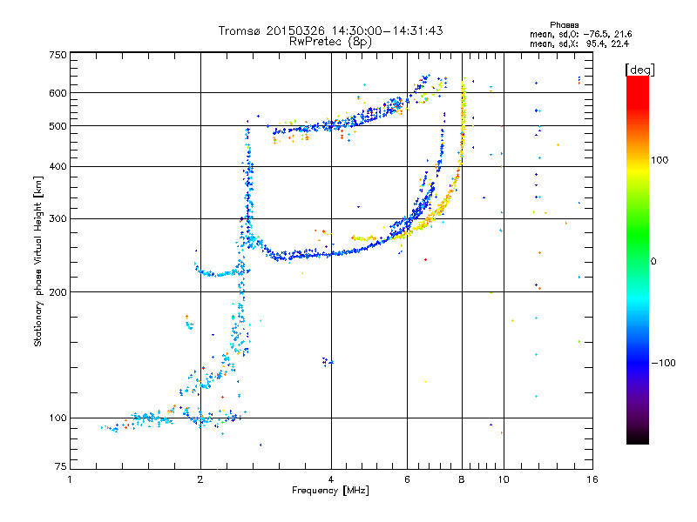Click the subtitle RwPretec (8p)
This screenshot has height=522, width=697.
click(x=330, y=42)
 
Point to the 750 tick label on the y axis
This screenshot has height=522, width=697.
click(x=58, y=55)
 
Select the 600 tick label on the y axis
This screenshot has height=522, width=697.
click(x=58, y=93)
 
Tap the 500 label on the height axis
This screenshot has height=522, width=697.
click(x=58, y=126)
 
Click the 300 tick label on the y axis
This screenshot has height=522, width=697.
click(x=58, y=218)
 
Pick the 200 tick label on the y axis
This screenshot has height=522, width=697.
click(x=58, y=292)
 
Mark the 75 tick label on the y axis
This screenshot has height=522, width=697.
click(x=61, y=466)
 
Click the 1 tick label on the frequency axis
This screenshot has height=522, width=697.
click(x=70, y=479)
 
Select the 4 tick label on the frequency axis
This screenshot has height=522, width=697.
click(x=331, y=479)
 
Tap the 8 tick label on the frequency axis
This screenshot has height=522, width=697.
click(x=462, y=479)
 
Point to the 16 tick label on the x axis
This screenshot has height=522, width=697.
click(x=592, y=479)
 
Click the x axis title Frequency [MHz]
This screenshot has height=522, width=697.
click(x=330, y=491)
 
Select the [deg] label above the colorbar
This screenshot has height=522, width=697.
click(x=639, y=70)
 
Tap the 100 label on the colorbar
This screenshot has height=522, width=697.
click(x=660, y=160)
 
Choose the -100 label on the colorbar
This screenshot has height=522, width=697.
click(x=663, y=363)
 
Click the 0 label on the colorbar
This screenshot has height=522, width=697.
click(x=653, y=262)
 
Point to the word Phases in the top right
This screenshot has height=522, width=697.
click(x=564, y=25)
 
